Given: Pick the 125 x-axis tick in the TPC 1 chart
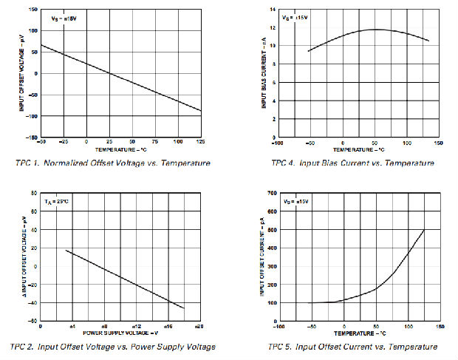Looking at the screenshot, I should [x=200, y=141].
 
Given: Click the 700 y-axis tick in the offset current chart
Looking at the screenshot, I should [x=271, y=192].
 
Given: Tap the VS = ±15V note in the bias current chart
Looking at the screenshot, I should [x=295, y=18].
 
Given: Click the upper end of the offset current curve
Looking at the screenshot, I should [x=424, y=230].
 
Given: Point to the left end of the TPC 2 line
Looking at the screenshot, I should [x=66, y=250].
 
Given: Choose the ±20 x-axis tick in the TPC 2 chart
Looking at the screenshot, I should [x=199, y=325].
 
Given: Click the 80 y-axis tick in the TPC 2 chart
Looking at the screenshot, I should [x=33, y=193].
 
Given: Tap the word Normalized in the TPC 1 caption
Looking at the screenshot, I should [x=65, y=163].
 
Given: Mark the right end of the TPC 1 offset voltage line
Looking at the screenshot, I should [x=201, y=111].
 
